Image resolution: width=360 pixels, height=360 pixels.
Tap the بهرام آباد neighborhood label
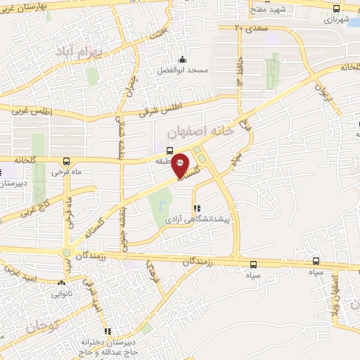point(101,51)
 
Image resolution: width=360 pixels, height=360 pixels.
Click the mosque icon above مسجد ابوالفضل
point(183,59)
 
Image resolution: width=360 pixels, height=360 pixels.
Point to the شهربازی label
point(336,20)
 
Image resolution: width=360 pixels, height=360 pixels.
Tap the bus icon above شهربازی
point(336,9)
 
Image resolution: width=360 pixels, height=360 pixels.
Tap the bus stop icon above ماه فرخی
point(66,161)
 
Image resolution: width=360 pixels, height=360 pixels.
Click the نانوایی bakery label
point(62,295)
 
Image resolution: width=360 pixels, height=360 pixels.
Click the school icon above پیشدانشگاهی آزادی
point(197,208)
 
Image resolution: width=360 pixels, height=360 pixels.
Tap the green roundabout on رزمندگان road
point(67,252)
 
